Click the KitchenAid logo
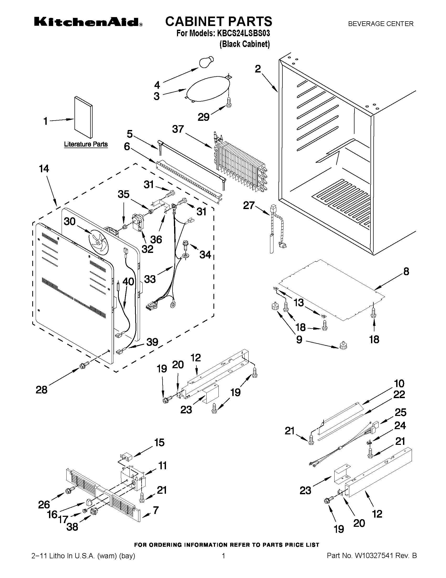[x=88, y=22]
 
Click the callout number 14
[x=44, y=169]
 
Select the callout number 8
[x=406, y=271]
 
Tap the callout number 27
[x=249, y=205]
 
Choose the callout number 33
[x=150, y=279]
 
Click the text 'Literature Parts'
[x=86, y=144]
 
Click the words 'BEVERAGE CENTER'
[x=381, y=24]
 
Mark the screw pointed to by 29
[x=229, y=103]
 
